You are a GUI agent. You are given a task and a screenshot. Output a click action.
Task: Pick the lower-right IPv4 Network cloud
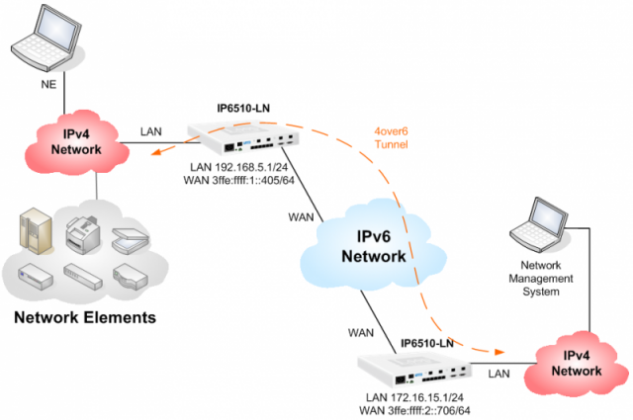click(575, 364)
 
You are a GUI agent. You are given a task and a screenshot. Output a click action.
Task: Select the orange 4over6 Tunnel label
click(396, 138)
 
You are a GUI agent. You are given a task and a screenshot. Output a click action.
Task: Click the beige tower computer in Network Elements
click(33, 229)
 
